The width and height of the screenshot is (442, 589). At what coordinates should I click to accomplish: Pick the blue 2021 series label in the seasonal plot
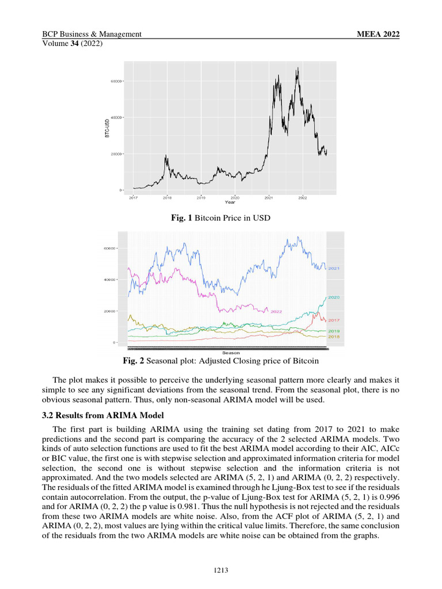(x=334, y=269)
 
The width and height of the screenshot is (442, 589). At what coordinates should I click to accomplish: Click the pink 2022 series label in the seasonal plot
(x=276, y=311)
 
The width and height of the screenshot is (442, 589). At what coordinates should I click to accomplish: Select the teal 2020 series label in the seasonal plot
(x=334, y=297)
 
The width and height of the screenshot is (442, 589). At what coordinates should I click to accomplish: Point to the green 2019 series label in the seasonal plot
(x=334, y=331)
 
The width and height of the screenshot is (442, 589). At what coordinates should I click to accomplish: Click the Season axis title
(x=230, y=353)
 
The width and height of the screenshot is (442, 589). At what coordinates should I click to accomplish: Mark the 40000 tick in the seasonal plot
(x=109, y=280)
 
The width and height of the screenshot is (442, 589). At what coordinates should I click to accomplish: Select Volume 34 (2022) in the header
(x=73, y=44)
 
